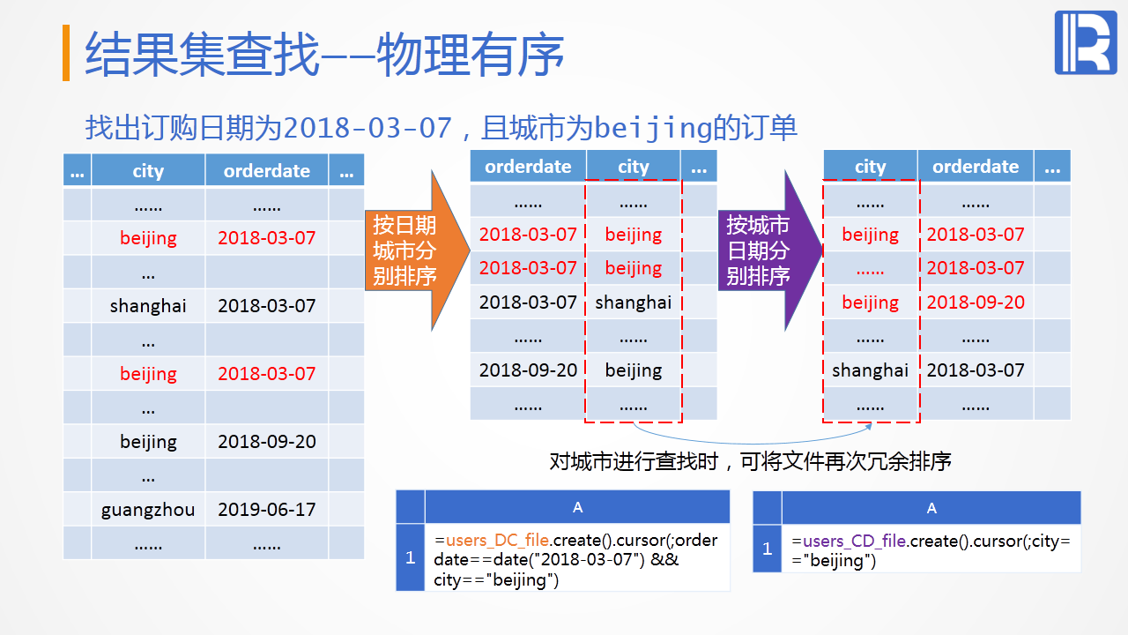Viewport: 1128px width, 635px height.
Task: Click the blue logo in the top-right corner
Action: [1086, 43]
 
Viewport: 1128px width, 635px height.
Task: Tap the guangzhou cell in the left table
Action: [148, 510]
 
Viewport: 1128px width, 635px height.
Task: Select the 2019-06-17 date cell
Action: [267, 510]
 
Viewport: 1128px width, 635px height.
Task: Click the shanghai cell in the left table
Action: [148, 306]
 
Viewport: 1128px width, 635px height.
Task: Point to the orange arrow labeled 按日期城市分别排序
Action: [417, 250]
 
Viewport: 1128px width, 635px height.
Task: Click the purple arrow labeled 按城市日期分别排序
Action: [770, 250]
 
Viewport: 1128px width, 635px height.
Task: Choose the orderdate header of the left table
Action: [267, 171]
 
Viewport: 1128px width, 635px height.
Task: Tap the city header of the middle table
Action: [634, 167]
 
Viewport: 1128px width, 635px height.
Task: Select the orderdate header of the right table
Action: [976, 167]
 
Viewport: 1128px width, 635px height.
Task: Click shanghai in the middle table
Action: [634, 303]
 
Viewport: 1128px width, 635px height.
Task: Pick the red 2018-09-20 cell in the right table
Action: [976, 303]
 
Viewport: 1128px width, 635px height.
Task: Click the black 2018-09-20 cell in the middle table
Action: [528, 370]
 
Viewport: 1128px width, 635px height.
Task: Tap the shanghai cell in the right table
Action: [870, 370]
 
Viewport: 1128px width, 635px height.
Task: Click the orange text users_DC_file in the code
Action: [497, 541]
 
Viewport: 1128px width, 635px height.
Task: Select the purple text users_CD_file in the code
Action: [855, 542]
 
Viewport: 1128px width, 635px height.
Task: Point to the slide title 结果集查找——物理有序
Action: [324, 55]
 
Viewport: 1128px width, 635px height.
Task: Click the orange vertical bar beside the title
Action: [66, 53]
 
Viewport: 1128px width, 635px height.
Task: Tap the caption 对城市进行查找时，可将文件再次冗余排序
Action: [750, 461]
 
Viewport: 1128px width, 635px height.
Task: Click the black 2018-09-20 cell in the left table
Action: [267, 442]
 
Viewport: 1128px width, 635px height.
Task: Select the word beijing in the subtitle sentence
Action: [654, 128]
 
